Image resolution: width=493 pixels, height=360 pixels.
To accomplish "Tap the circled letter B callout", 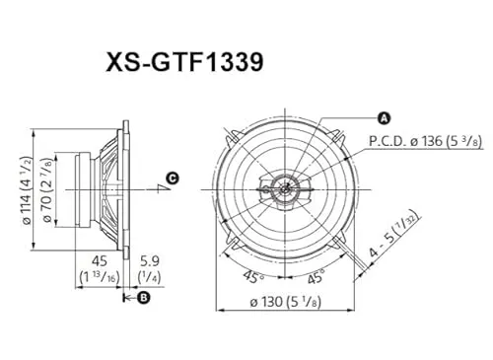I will [x=143, y=296].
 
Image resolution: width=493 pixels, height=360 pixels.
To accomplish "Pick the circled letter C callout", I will [x=172, y=179].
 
